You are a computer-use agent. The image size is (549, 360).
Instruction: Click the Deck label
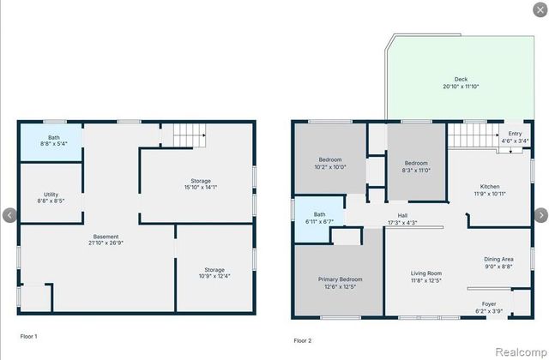461,79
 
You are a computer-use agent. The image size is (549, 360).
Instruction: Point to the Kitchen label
490,186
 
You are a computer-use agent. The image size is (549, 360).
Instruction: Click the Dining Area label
498,259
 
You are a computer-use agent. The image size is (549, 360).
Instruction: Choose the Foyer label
488,303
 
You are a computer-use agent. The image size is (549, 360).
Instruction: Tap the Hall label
401,215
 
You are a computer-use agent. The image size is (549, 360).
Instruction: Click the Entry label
515,134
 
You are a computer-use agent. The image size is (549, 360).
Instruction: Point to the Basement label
106,237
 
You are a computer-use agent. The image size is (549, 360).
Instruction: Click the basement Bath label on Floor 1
53,137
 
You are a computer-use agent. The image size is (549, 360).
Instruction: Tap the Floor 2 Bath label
319,214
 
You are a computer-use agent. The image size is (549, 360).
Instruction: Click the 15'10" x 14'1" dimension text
201,187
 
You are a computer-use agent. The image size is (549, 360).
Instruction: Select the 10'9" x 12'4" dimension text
214,275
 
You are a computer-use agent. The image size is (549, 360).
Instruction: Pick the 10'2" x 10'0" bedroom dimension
330,167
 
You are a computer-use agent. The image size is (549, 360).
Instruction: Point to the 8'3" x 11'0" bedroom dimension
416,171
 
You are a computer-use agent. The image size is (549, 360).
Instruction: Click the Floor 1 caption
29,336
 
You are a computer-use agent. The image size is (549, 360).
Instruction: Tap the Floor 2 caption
302,340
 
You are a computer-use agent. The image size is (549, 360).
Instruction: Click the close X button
539,9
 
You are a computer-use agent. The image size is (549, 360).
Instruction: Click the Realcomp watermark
519,351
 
